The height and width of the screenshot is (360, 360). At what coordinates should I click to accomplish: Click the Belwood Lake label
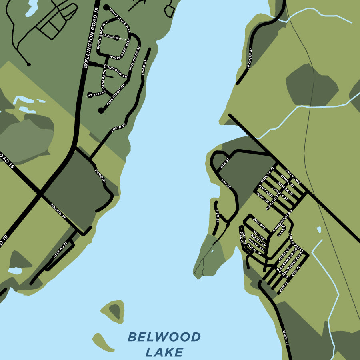(x=164, y=344)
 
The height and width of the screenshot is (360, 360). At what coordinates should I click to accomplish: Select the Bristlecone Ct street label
(x=113, y=35)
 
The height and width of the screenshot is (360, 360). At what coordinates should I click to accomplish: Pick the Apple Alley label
(x=296, y=244)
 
